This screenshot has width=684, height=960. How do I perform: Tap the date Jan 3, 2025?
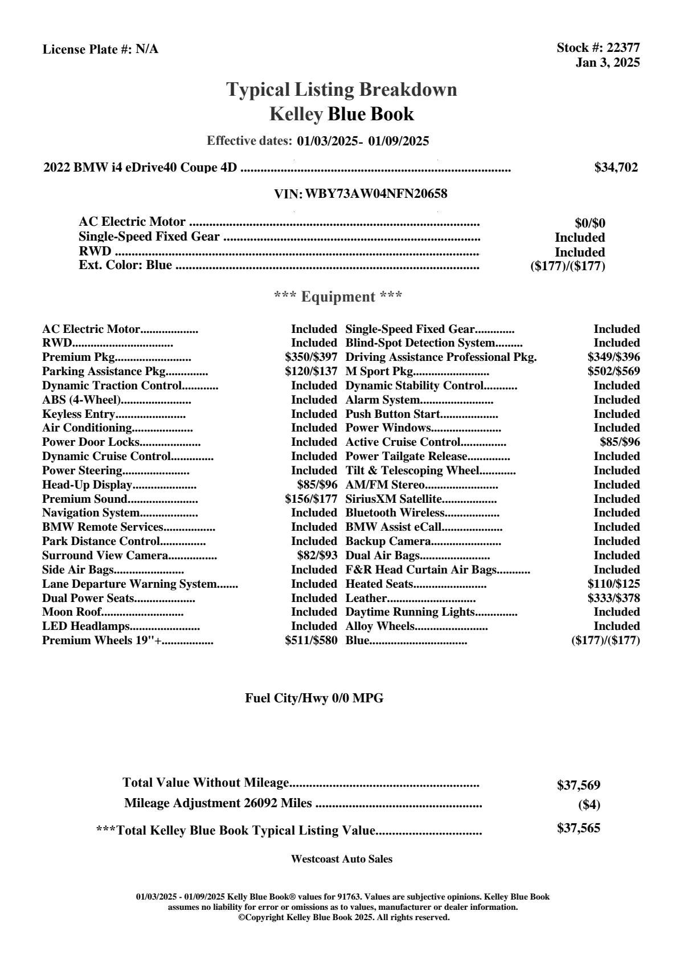[x=607, y=62]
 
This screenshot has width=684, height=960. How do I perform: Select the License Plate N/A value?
[x=147, y=50]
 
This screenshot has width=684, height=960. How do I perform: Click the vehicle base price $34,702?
[x=616, y=168]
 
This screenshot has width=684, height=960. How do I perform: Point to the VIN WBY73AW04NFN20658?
[x=376, y=194]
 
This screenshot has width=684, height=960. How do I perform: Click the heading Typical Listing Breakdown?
[x=342, y=90]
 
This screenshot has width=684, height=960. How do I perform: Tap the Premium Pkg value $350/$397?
[x=311, y=357]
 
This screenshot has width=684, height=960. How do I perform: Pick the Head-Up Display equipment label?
[x=87, y=485]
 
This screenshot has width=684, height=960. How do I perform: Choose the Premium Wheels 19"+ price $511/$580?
[x=311, y=640]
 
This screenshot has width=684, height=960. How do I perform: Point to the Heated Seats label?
[x=379, y=584]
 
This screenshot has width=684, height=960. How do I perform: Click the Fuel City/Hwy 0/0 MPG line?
[x=314, y=698]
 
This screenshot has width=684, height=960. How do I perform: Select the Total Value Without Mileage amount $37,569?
[x=578, y=786]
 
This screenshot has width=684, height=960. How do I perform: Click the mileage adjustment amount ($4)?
[x=589, y=805]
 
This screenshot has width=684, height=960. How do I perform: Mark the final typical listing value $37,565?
[x=578, y=828]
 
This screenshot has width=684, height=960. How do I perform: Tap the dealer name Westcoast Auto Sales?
[x=341, y=859]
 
